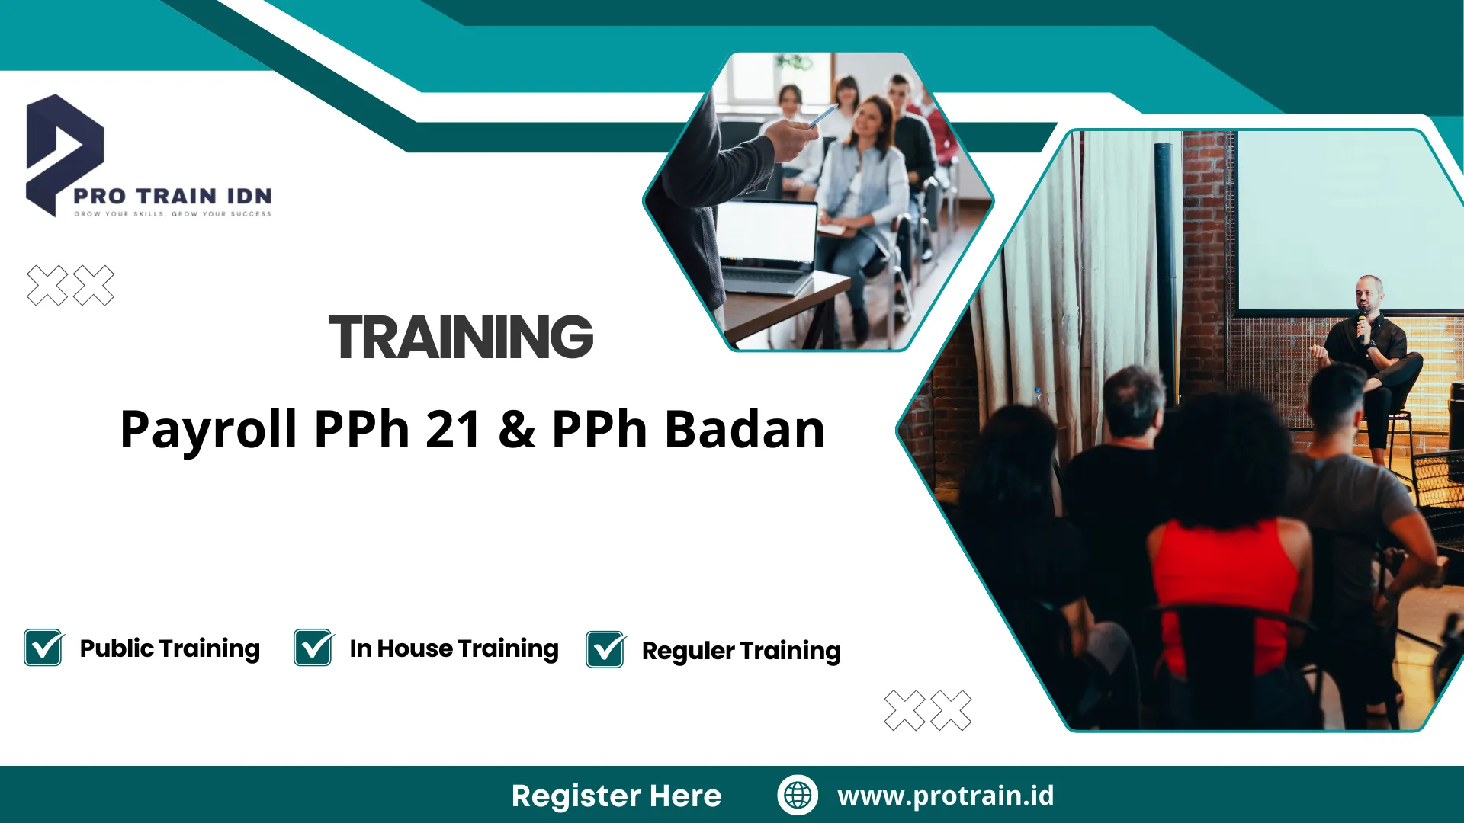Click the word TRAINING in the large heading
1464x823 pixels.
point(461,337)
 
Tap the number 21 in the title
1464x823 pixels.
point(453,429)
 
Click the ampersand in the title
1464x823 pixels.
point(518,429)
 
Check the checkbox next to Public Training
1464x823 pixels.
point(43,648)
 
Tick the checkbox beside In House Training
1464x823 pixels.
point(313,648)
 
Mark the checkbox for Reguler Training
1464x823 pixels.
point(605,650)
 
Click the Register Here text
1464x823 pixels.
point(616,796)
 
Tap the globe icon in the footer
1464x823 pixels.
point(798,795)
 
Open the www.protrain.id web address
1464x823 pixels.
point(945,795)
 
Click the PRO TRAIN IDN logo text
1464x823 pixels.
point(172,196)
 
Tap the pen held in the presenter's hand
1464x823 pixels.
point(823,116)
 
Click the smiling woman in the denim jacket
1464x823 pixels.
point(865,175)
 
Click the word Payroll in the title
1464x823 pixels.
point(208,429)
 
